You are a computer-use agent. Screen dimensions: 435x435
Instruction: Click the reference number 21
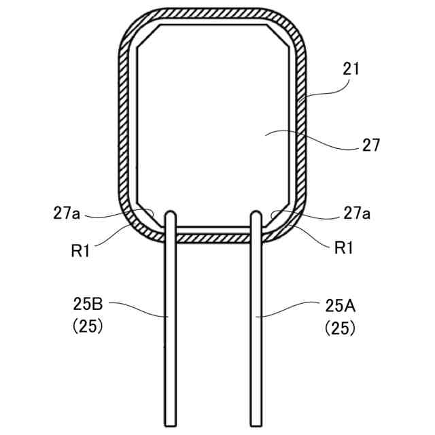tap(351, 69)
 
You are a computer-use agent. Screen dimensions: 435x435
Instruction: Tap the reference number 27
tap(371, 145)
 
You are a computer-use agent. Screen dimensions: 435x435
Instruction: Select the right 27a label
tap(356, 213)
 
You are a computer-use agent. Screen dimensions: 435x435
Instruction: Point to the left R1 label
tap(80, 249)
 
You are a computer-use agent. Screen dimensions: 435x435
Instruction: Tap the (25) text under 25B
tap(88, 326)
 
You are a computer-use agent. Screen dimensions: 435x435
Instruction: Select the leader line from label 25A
tap(289, 311)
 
